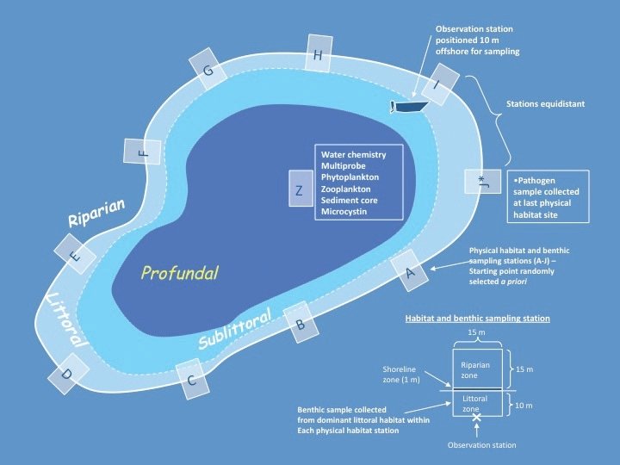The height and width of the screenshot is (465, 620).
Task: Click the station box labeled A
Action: pyautogui.click(x=410, y=272)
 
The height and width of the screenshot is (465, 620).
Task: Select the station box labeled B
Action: pyautogui.click(x=299, y=325)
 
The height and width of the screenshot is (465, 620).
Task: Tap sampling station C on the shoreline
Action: pyautogui.click(x=193, y=377)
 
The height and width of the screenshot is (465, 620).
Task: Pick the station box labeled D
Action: pyautogui.click(x=65, y=372)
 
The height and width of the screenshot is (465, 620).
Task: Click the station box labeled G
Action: pyautogui.click(x=208, y=71)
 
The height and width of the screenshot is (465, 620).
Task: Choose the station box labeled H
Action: pyautogui.click(x=318, y=56)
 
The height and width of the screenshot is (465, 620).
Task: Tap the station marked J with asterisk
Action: pyautogui.click(x=481, y=182)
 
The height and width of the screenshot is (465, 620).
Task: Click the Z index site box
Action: pyautogui.click(x=298, y=190)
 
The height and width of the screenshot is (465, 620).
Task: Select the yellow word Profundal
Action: pyautogui.click(x=180, y=273)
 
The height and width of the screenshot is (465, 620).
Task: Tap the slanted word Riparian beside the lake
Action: pyautogui.click(x=97, y=212)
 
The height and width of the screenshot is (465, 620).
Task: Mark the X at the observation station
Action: pyautogui.click(x=475, y=418)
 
